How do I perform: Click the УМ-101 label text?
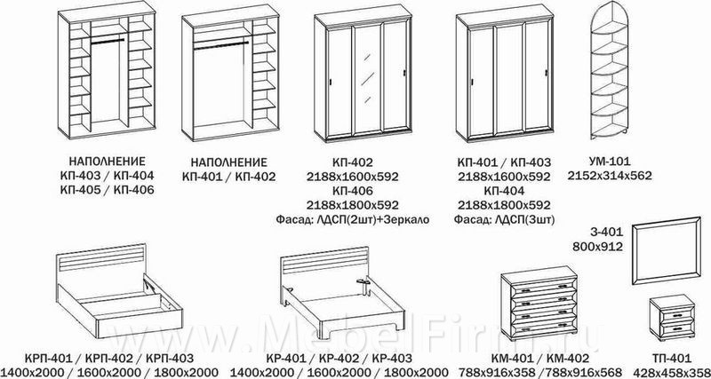pos(609,162)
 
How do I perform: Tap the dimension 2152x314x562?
pos(610,176)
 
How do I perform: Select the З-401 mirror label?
pos(608,233)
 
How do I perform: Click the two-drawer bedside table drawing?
pos(672,316)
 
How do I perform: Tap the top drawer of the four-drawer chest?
pos(539,288)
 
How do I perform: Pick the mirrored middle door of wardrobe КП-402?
pos(368,80)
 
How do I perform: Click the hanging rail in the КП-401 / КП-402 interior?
pos(220,44)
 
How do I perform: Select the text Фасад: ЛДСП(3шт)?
pos(504,219)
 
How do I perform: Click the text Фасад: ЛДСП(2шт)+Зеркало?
pos(352,219)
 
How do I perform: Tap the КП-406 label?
pos(352,190)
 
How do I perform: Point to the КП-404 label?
pos(504,190)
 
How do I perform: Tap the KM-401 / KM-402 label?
pos(539,359)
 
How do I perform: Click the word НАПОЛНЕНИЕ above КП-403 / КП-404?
pos(107,162)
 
